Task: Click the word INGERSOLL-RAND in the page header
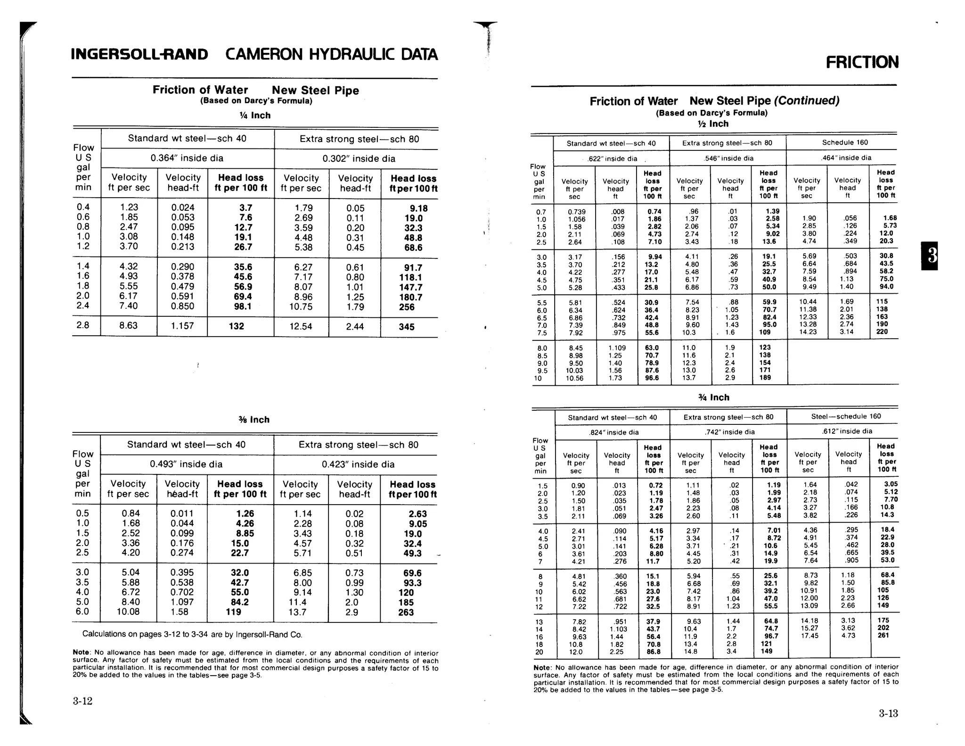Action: pos(139,55)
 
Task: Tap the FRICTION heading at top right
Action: pos(862,62)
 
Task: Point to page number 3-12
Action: pos(82,701)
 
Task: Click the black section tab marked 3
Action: pos(929,256)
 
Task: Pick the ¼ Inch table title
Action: pos(255,116)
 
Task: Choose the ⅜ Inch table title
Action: pos(254,420)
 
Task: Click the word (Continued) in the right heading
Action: pos(807,101)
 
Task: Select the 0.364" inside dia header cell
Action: pos(187,158)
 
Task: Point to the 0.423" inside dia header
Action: pos(358,464)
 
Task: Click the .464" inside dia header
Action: pos(846,158)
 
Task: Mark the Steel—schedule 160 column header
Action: pos(846,416)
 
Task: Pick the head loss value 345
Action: pos(406,327)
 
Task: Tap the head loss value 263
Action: pos(406,613)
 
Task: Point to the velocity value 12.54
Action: pos(301,326)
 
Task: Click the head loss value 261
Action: pos(883,636)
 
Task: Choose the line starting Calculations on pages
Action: pos(192,635)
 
